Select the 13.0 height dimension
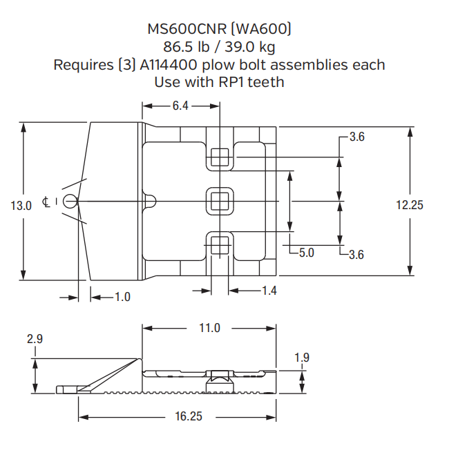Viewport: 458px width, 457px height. [x=21, y=205]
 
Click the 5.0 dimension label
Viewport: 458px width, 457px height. [x=307, y=253]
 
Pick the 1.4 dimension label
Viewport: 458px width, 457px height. [x=269, y=291]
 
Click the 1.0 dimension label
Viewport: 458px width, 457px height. [x=122, y=297]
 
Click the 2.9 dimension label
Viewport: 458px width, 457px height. [x=35, y=340]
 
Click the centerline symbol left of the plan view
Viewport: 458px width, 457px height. [x=46, y=202]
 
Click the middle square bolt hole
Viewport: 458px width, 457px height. [x=220, y=200]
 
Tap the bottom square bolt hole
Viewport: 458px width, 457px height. [x=220, y=244]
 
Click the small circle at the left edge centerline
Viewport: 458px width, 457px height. [x=69, y=200]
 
